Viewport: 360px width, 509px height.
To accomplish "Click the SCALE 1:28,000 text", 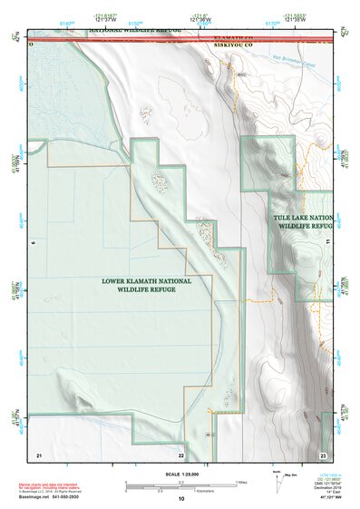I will click(x=180, y=474).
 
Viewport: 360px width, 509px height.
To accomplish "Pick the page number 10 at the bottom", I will click(x=181, y=499).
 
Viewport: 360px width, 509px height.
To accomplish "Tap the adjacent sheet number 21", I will click(x=39, y=455).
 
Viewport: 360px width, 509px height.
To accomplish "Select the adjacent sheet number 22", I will click(x=181, y=455).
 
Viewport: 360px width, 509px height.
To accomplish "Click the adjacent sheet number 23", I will click(x=323, y=455).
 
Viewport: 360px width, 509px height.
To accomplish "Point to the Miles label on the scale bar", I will click(x=240, y=482).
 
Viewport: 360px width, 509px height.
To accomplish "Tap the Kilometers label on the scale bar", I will click(x=212, y=492).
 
